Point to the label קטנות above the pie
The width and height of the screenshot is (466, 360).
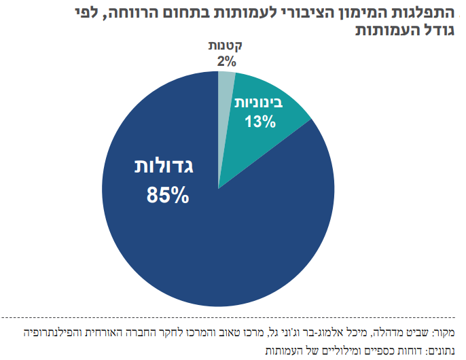[x=225, y=47]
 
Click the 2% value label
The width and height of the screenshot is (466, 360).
[x=226, y=61]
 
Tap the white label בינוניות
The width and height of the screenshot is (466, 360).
[x=261, y=104]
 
